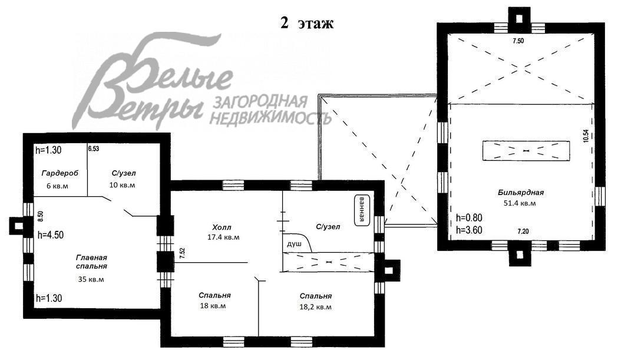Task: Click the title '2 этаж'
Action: click(x=306, y=24)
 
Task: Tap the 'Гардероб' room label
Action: click(x=59, y=173)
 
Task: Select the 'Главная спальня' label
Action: click(x=91, y=262)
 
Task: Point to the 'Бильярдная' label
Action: click(x=520, y=192)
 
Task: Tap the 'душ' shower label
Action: click(x=294, y=243)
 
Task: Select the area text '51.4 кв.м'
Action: click(x=520, y=203)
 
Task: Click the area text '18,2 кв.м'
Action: click(x=315, y=307)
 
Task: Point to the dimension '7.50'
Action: click(x=518, y=41)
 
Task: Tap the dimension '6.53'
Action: click(x=93, y=150)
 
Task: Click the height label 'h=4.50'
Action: click(x=50, y=235)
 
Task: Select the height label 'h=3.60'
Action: click(x=469, y=230)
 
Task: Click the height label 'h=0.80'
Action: click(x=469, y=217)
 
